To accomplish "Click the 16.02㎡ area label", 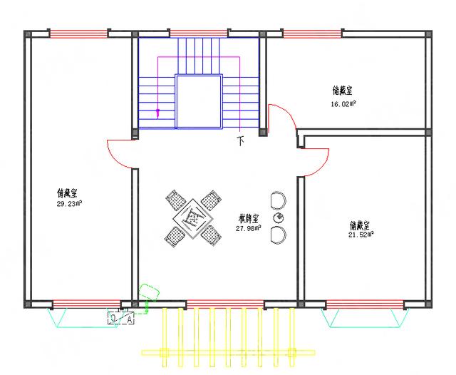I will click(343, 103).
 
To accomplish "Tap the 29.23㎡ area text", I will click(69, 203).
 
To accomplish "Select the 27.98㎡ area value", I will click(248, 228).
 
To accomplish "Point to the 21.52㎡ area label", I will click(359, 235).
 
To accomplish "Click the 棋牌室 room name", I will click(248, 218).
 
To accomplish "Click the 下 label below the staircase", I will click(240, 141).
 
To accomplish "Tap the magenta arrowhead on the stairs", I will click(158, 113).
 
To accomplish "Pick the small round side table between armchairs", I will click(279, 217).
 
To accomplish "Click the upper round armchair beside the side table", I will click(278, 199).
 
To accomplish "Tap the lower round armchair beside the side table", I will click(279, 235).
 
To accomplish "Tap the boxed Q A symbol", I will click(121, 319).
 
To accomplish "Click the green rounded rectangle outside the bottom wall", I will click(149, 293).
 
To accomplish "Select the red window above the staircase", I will click(199, 33).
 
